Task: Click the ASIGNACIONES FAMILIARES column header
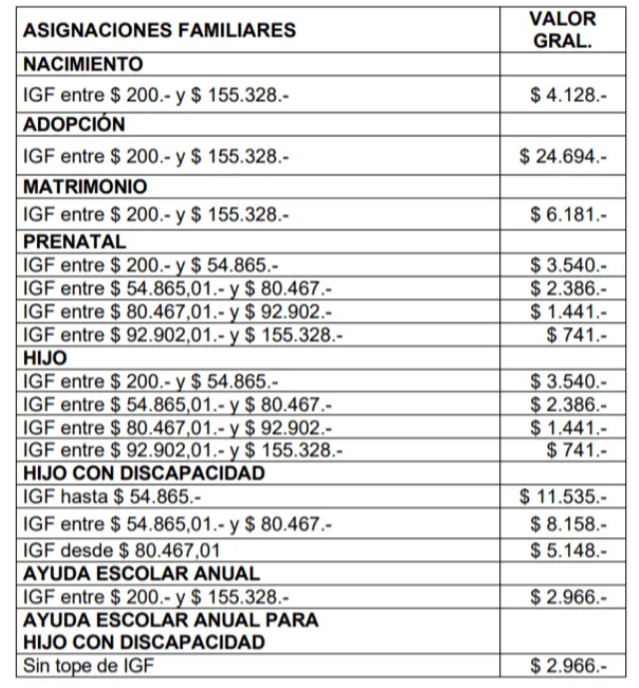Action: point(160,31)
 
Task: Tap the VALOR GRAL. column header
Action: point(562,31)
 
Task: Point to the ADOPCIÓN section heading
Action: point(74,125)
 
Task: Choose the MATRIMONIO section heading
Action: point(85,187)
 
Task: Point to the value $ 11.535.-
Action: point(563,496)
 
